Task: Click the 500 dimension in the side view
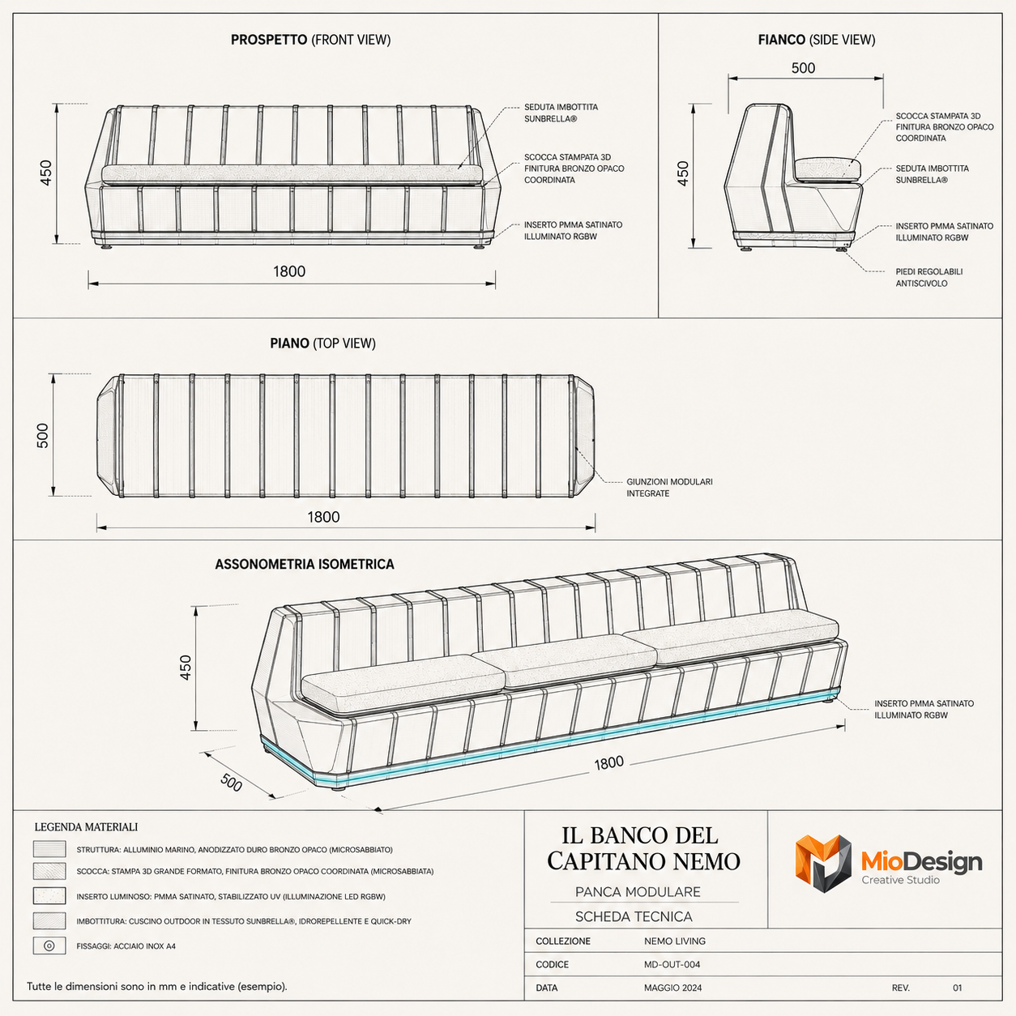tap(803, 68)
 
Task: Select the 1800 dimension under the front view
tap(289, 271)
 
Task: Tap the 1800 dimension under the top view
tap(323, 517)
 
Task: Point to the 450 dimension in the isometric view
tap(186, 668)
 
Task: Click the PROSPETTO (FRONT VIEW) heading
tap(310, 40)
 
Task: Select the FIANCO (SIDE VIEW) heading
tap(816, 40)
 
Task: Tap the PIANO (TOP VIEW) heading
tap(322, 344)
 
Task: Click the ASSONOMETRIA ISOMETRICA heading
tap(304, 564)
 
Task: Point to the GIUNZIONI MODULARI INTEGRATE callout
tap(669, 488)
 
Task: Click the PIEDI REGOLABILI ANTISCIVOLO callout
tap(928, 277)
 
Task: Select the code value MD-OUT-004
tap(672, 964)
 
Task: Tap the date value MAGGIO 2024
tap(672, 988)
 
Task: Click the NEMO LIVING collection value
tap(674, 941)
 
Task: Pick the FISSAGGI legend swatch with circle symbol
tap(49, 946)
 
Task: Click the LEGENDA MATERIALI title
tap(86, 826)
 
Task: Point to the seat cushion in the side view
tap(827, 169)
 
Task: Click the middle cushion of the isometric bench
tap(564, 660)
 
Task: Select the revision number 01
tap(957, 988)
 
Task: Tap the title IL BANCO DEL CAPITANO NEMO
tap(643, 848)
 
